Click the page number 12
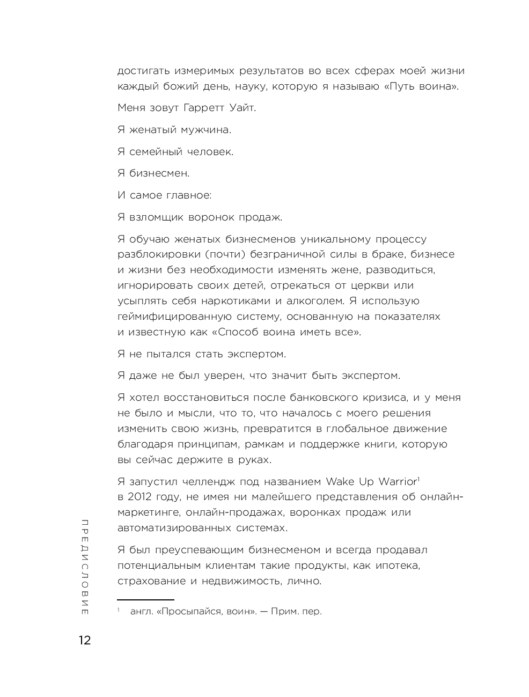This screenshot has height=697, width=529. pos(84,640)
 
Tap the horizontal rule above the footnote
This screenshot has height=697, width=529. pos(145,600)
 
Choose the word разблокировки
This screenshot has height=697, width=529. pos(158,254)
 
